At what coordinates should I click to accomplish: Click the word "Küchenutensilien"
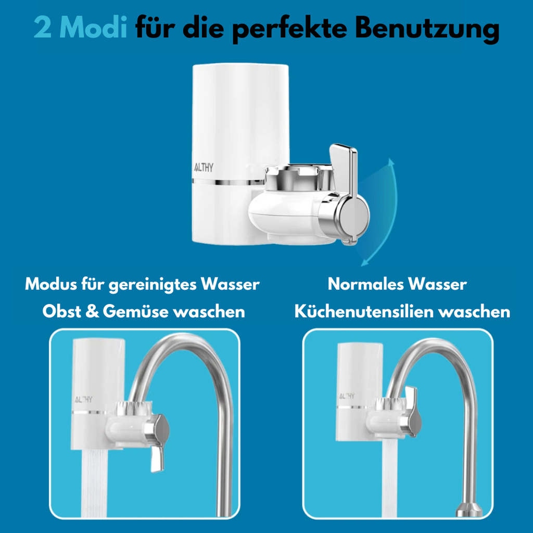[365, 311]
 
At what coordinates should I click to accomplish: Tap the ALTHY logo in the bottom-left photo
[83, 398]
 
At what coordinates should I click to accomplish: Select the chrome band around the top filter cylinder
[229, 182]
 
